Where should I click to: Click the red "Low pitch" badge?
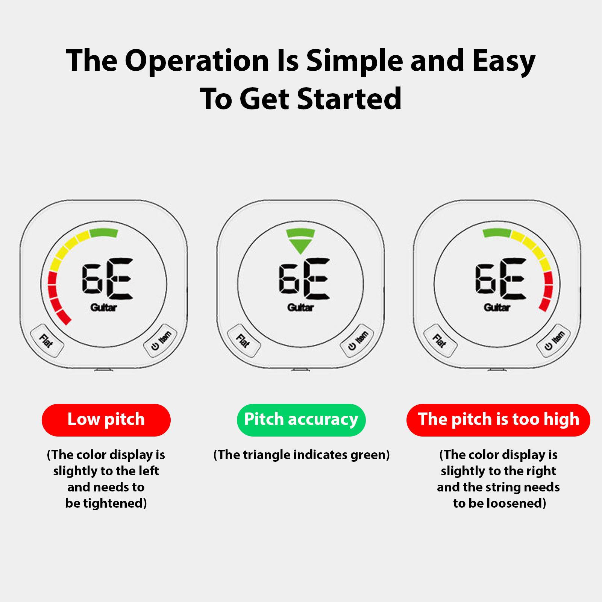(106, 420)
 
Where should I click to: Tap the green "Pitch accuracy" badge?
(301, 420)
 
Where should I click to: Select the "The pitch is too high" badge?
(498, 420)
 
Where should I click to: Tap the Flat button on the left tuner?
(47, 341)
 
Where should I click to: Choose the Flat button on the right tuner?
(440, 341)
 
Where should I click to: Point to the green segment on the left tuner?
(104, 233)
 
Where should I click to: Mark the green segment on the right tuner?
(497, 233)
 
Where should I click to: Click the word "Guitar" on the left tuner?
(104, 308)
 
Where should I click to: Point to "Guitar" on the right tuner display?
(497, 308)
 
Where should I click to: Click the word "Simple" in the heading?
(355, 61)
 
